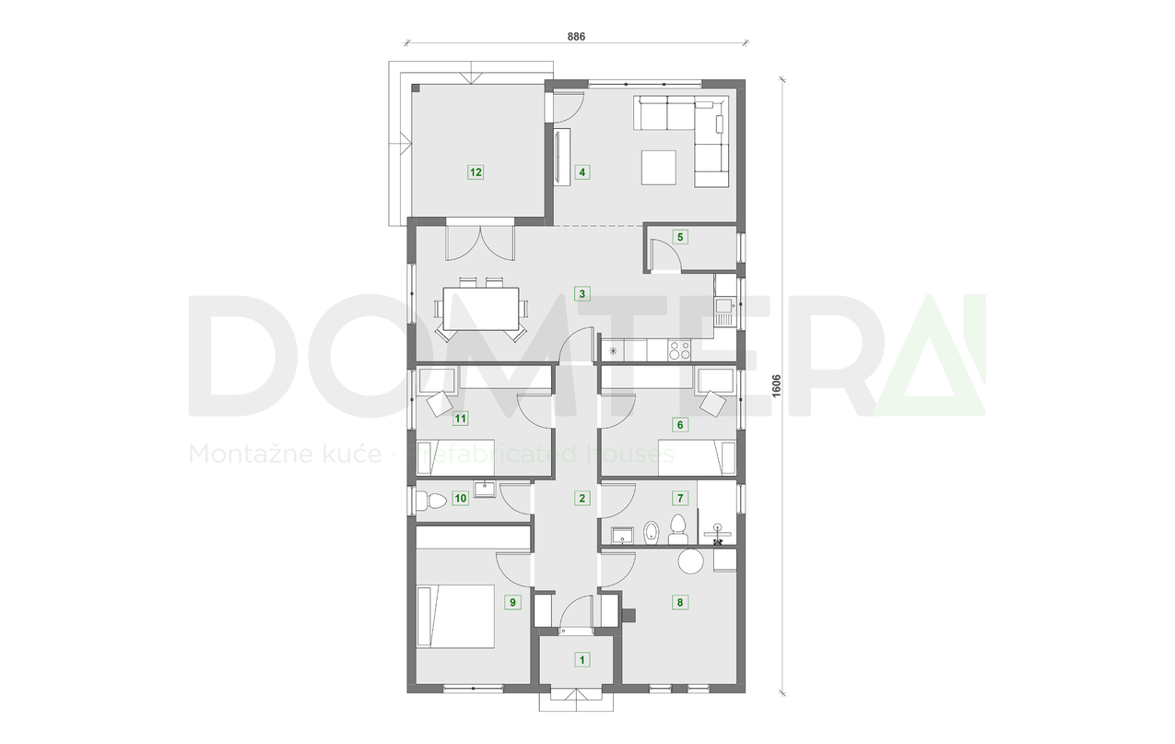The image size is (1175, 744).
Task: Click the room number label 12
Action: (476, 171)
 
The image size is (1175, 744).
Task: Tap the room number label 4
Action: (582, 171)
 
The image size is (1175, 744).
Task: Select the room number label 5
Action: (681, 237)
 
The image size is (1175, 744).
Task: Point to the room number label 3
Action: (582, 295)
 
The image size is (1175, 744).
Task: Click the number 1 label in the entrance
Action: (582, 659)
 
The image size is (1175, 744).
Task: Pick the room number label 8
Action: (680, 603)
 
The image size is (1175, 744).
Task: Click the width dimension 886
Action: (576, 35)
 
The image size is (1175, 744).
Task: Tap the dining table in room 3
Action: (480, 309)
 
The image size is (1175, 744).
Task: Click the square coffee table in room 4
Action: (659, 169)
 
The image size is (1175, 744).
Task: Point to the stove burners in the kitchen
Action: (680, 350)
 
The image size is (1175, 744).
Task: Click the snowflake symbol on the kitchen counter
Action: (612, 350)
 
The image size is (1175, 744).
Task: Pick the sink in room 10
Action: (486, 489)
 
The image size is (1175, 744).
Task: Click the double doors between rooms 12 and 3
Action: (479, 242)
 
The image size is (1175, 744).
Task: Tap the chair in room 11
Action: (438, 403)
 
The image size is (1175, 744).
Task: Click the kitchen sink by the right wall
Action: (724, 303)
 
